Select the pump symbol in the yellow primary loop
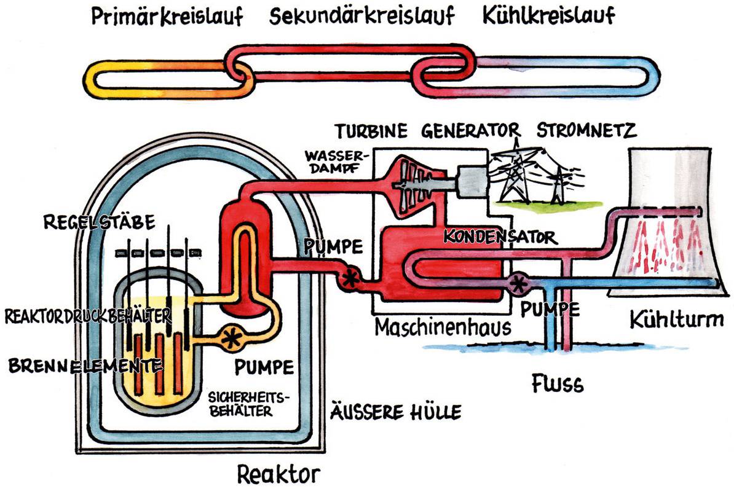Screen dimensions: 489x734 click(x=232, y=337)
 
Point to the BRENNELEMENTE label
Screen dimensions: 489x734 click(x=85, y=366)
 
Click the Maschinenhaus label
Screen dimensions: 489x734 click(x=443, y=327)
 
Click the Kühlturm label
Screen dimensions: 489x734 click(x=676, y=319)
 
